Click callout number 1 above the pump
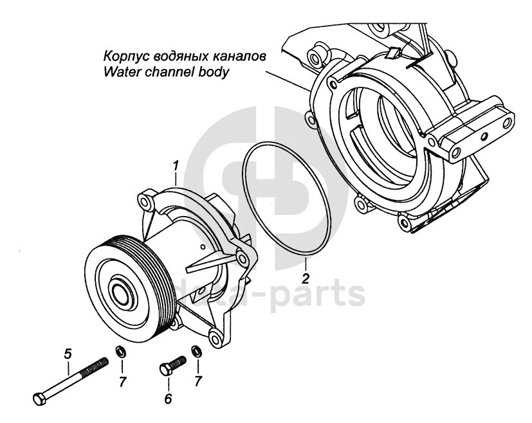pos(175,168)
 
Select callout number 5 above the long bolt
pos(68,353)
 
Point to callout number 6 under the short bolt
pos(168,399)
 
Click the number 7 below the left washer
pos(122,382)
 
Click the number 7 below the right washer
pos(198,382)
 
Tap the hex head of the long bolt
pos(38,398)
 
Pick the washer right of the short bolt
pos(196,352)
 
